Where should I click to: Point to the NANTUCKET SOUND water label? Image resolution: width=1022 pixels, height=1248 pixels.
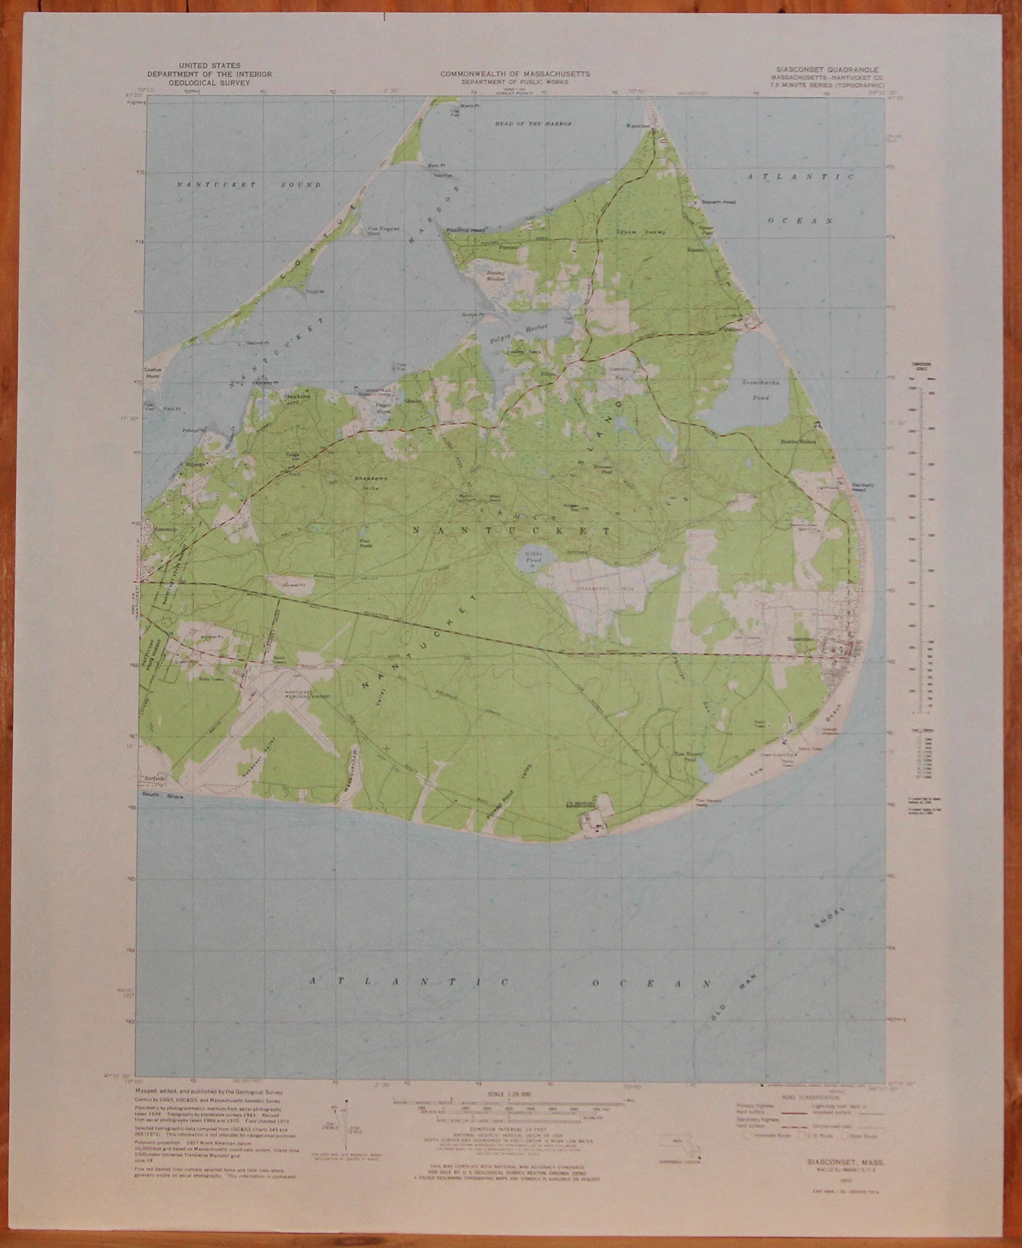[248, 185]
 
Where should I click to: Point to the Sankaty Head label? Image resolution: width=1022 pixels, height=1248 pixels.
[860, 490]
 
